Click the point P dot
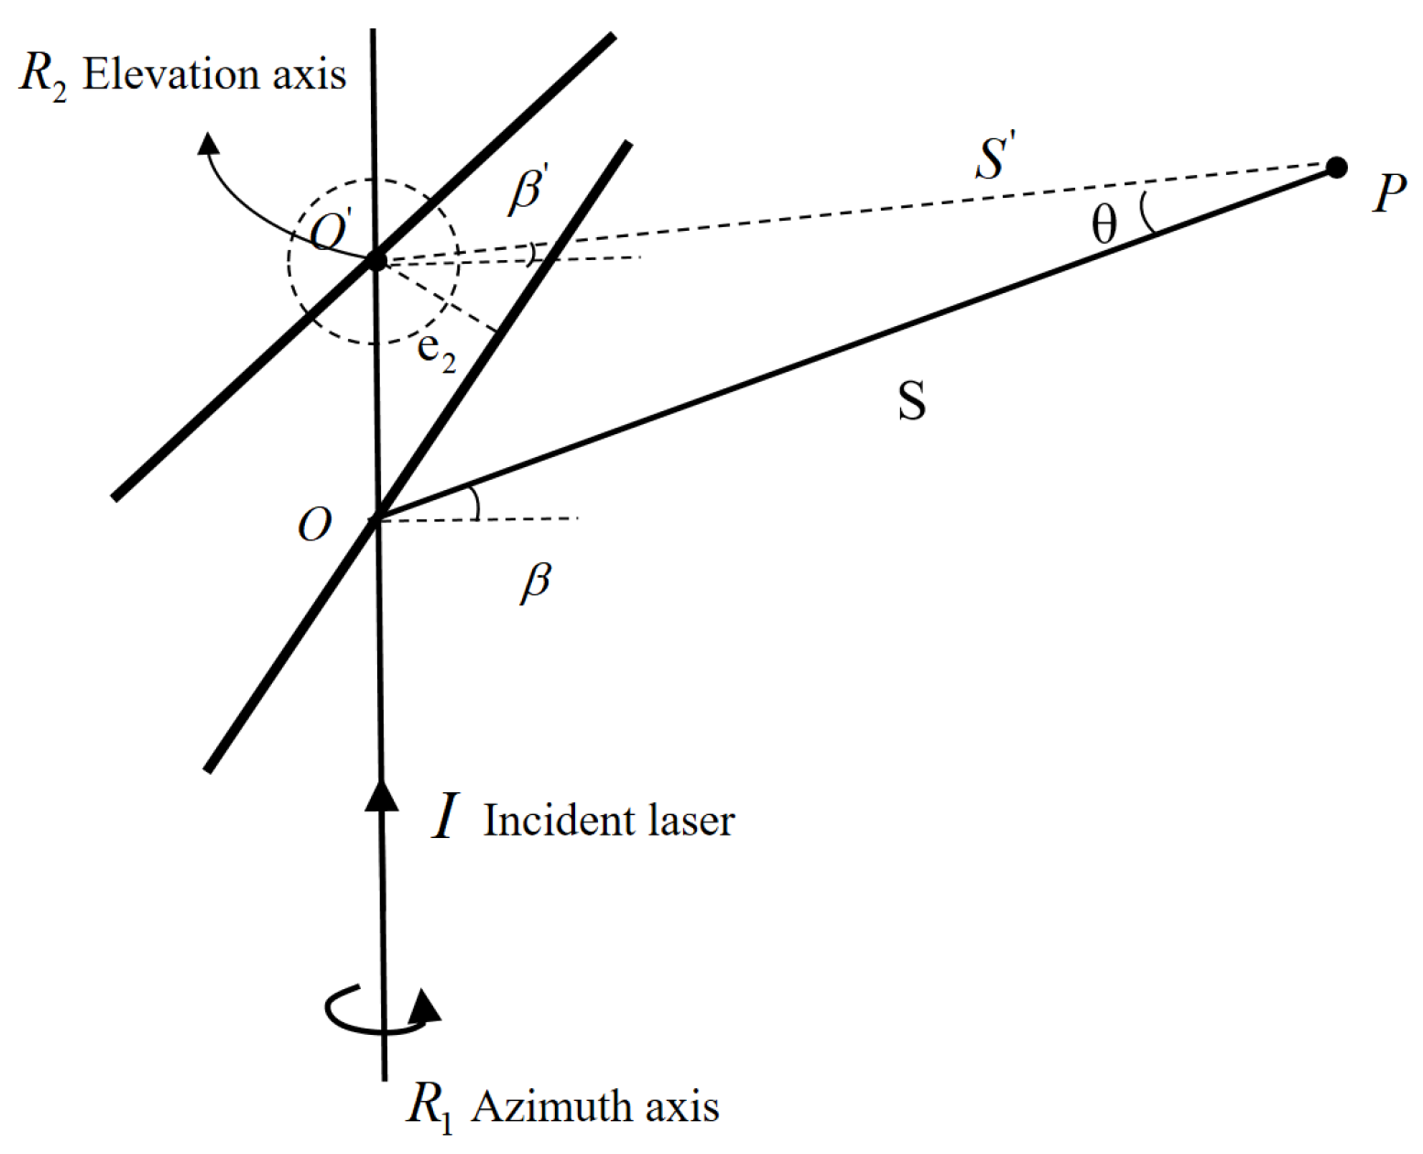pos(1336,168)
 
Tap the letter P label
pos(1388,193)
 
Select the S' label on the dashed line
pos(995,156)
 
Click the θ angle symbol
pos(1104,224)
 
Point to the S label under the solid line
pos(911,401)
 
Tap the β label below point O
pos(536,582)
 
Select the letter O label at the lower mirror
pos(314,526)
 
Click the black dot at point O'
pos(376,261)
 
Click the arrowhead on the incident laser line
pos(382,793)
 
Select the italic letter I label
pos(445,817)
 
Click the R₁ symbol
pos(429,1106)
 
